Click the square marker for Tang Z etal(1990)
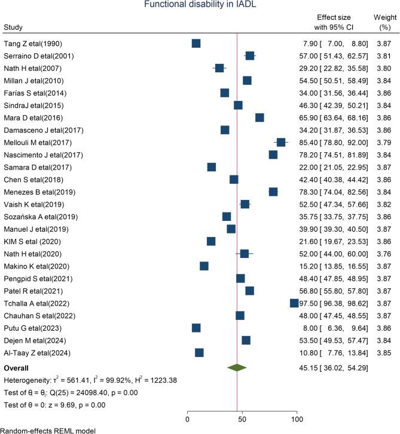(x=196, y=43)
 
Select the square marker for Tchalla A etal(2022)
(x=294, y=303)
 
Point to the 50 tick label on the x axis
(x=242, y=418)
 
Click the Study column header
(x=13, y=27)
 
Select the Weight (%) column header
(x=380, y=23)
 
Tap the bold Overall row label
(x=18, y=368)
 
